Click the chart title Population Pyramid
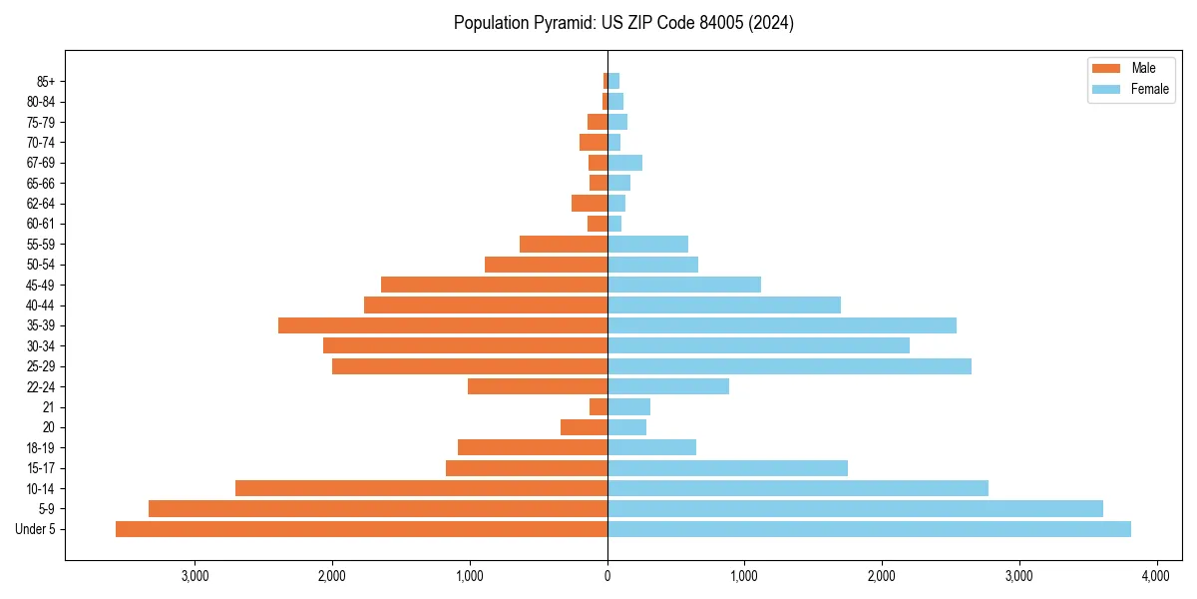click(x=623, y=23)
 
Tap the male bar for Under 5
click(x=361, y=529)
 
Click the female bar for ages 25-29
click(x=789, y=366)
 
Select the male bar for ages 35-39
click(x=443, y=325)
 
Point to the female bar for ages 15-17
click(x=727, y=468)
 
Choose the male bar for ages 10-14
click(x=421, y=488)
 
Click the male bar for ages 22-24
click(x=538, y=386)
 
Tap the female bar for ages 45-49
click(x=684, y=285)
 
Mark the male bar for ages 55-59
click(x=564, y=244)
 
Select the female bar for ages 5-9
click(x=855, y=509)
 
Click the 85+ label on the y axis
click(x=44, y=81)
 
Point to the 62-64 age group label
click(x=41, y=204)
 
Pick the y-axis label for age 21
click(x=49, y=407)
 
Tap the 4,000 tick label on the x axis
click(x=1155, y=576)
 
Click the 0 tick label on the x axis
click(x=607, y=576)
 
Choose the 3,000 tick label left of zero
click(x=195, y=576)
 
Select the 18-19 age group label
click(x=41, y=448)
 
